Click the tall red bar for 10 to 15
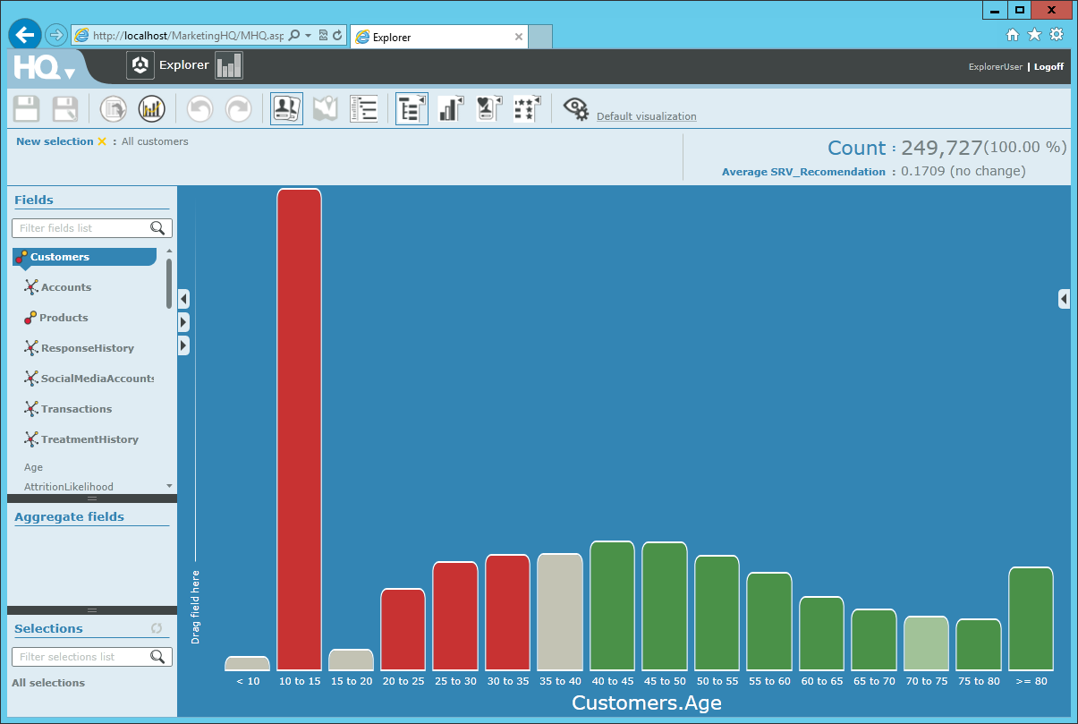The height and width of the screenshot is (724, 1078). coord(299,430)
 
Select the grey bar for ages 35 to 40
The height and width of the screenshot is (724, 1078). coord(560,612)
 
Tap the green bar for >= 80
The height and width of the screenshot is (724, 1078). coord(1031,618)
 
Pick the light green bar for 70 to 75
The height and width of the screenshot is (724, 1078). coord(926,643)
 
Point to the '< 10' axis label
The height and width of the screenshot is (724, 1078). coord(248,682)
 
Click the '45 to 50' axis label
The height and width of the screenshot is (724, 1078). coord(665,682)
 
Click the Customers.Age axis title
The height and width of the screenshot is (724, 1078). coord(647,703)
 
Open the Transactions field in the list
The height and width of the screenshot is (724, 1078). coord(76,409)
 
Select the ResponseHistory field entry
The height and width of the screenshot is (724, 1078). coord(87,348)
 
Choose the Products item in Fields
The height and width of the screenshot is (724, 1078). coord(64,318)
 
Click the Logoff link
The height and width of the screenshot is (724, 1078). coord(1048,66)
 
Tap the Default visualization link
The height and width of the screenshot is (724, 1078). coord(646,116)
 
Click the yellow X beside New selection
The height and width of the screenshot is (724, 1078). coord(102,141)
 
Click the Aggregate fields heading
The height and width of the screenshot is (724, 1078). coord(69,516)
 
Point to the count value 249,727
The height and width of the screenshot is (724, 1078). coord(941,148)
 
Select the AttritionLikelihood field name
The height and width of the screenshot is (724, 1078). coord(69,487)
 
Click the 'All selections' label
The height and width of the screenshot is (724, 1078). coord(48,683)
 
